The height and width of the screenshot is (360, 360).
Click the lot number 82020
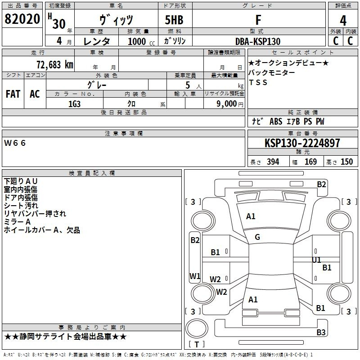[x=22, y=19]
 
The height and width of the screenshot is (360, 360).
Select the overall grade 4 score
[x=343, y=21]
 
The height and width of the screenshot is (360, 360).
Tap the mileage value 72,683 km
[x=55, y=65]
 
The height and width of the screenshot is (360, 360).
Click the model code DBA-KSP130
[x=258, y=41]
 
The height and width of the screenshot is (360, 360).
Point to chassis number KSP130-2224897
[x=302, y=143]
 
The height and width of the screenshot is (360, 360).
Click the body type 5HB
[x=174, y=20]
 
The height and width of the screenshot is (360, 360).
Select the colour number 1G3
[x=74, y=104]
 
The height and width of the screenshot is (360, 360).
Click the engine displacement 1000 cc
[x=141, y=41]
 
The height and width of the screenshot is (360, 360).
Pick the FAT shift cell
[x=13, y=94]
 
